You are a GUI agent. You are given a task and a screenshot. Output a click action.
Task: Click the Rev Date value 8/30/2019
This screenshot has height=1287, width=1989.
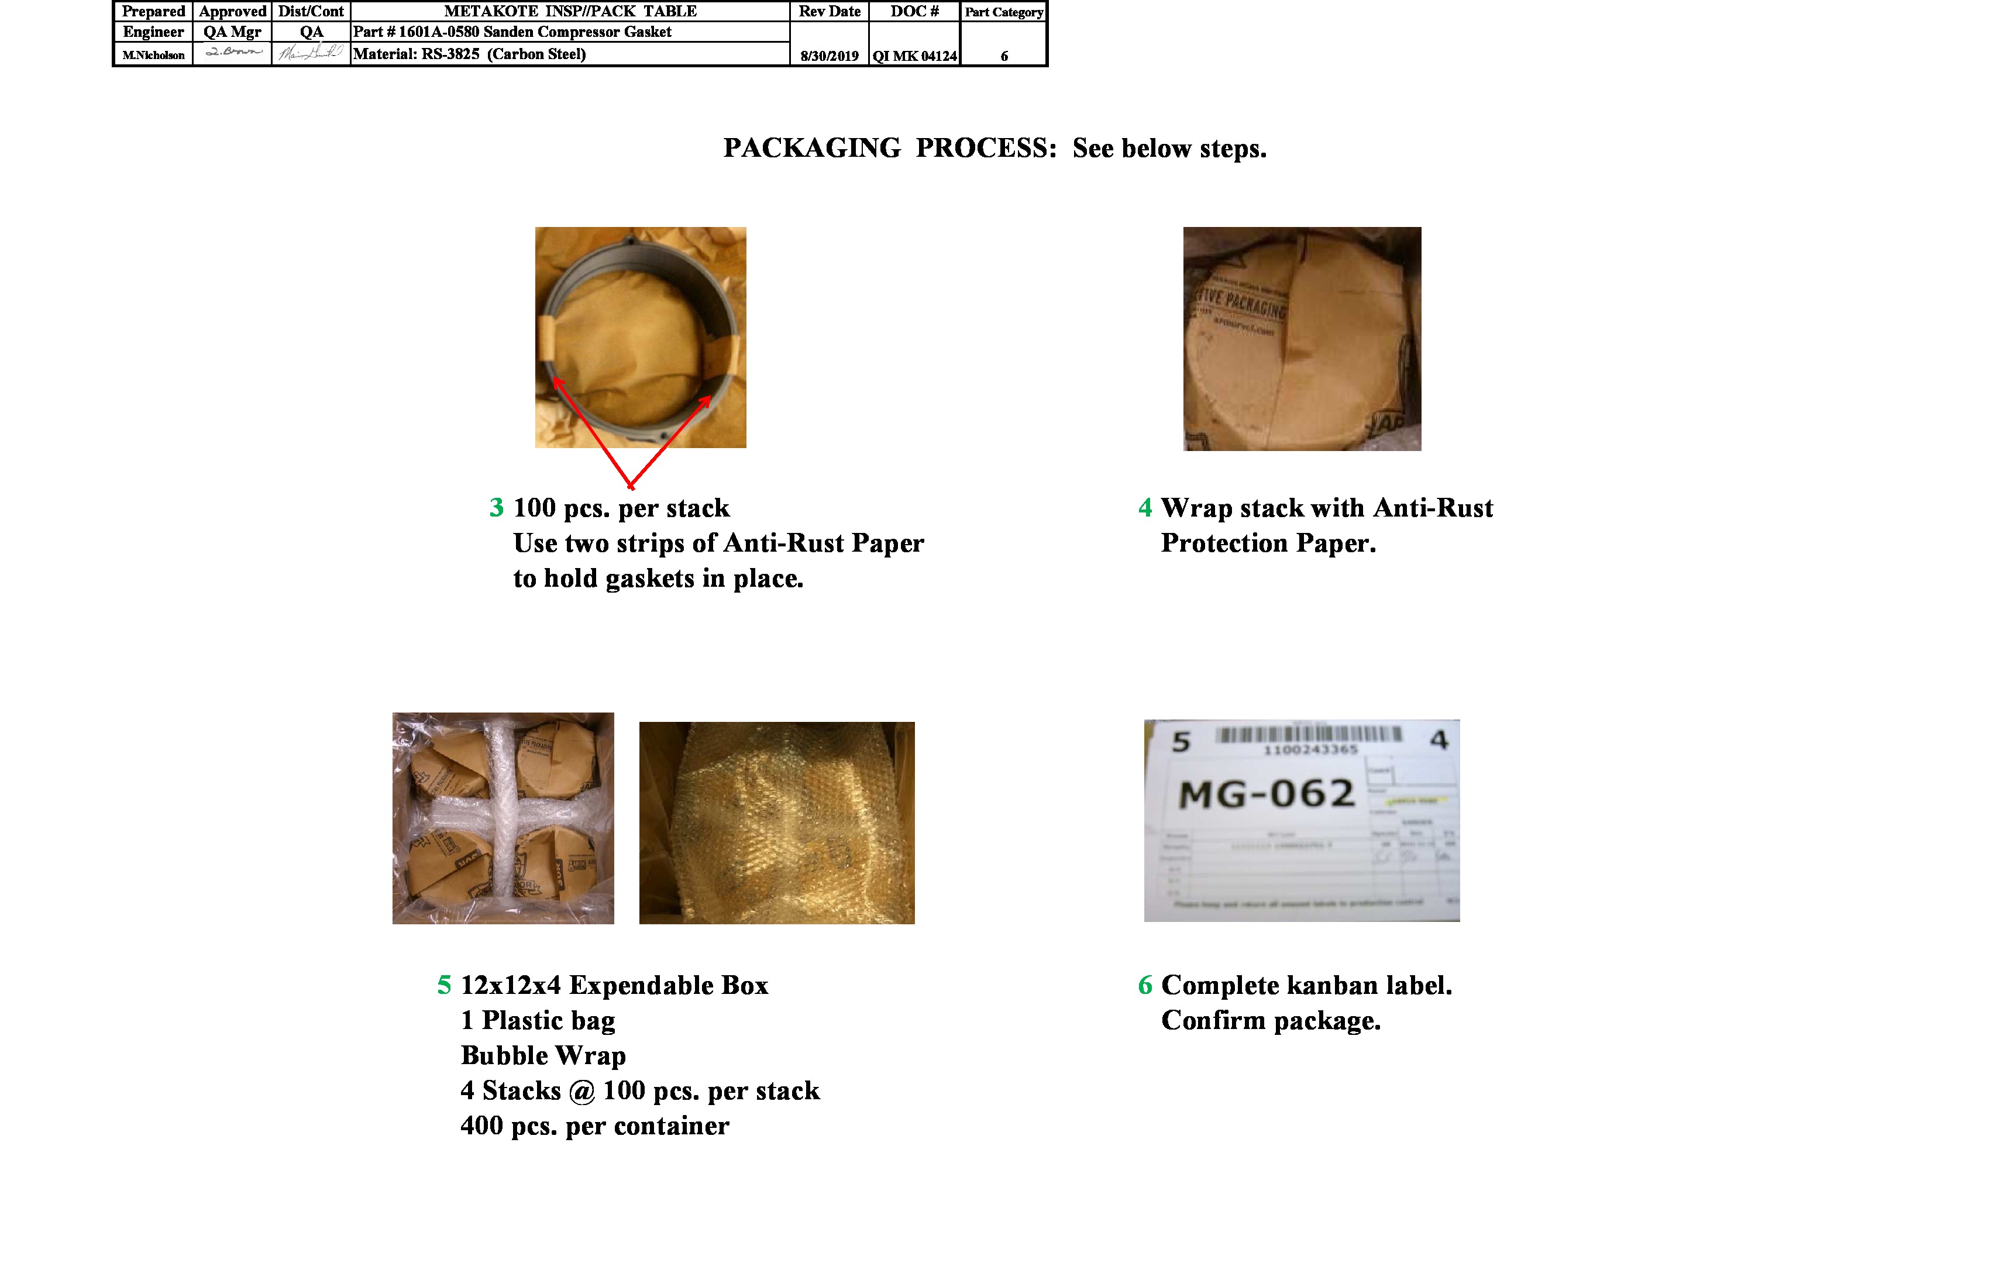point(829,56)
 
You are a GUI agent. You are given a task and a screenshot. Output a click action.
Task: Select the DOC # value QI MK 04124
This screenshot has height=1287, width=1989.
point(914,56)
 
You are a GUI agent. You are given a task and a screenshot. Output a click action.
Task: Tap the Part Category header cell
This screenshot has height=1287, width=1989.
point(1004,12)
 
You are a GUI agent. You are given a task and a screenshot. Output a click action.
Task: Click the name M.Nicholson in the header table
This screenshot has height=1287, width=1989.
point(153,55)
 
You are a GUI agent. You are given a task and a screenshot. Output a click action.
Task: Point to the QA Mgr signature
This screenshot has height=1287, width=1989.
point(232,52)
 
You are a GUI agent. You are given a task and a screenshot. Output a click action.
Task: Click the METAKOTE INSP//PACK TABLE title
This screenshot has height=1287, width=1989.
point(570,11)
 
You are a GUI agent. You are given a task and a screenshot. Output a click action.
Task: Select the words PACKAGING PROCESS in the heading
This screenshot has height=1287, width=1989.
point(889,148)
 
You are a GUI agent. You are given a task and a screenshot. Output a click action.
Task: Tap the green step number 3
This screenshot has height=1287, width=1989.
point(497,507)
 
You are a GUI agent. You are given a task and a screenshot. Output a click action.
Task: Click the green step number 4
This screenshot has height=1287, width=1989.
point(1145,507)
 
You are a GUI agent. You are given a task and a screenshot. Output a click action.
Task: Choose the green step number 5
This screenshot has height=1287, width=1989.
point(444,985)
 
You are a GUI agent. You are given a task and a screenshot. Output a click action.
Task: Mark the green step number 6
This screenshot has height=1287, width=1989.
point(1145,985)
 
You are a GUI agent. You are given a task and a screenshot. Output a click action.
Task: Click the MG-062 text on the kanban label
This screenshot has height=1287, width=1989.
point(1265,794)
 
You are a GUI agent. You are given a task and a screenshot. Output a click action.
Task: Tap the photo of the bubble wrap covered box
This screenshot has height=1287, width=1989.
point(776,823)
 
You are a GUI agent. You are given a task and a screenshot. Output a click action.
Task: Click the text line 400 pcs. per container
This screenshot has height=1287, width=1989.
point(594,1126)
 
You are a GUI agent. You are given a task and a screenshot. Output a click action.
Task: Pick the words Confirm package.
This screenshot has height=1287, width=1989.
point(1270,1020)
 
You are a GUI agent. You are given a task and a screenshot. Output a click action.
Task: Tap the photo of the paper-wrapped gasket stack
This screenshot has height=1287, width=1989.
point(1301,339)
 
